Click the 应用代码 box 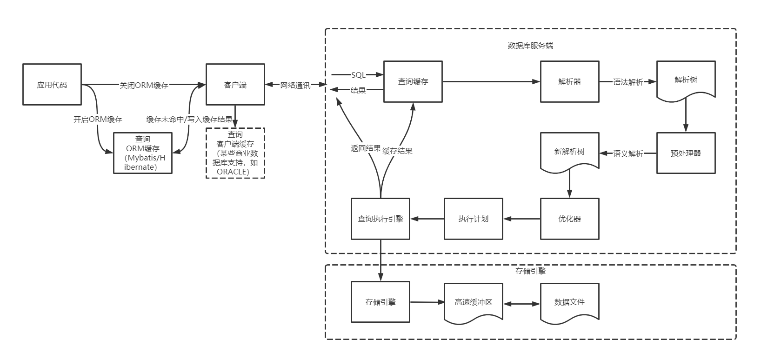point(52,85)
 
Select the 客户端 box point(235,85)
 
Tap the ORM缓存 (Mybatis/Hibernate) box point(143,153)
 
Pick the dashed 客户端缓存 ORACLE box point(235,153)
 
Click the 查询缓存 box point(413,81)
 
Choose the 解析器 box point(569,81)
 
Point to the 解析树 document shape point(686,80)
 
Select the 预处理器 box point(686,153)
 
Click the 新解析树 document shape point(569,152)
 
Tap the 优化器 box point(569,219)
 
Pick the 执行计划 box point(473,219)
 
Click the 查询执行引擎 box point(380,219)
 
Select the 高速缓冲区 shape point(473,302)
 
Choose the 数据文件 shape point(569,302)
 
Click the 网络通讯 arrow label point(295,86)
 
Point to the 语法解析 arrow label point(628,82)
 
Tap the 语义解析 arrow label point(628,153)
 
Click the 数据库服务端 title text point(530,46)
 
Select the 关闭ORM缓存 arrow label point(144,86)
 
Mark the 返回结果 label point(366,148)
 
